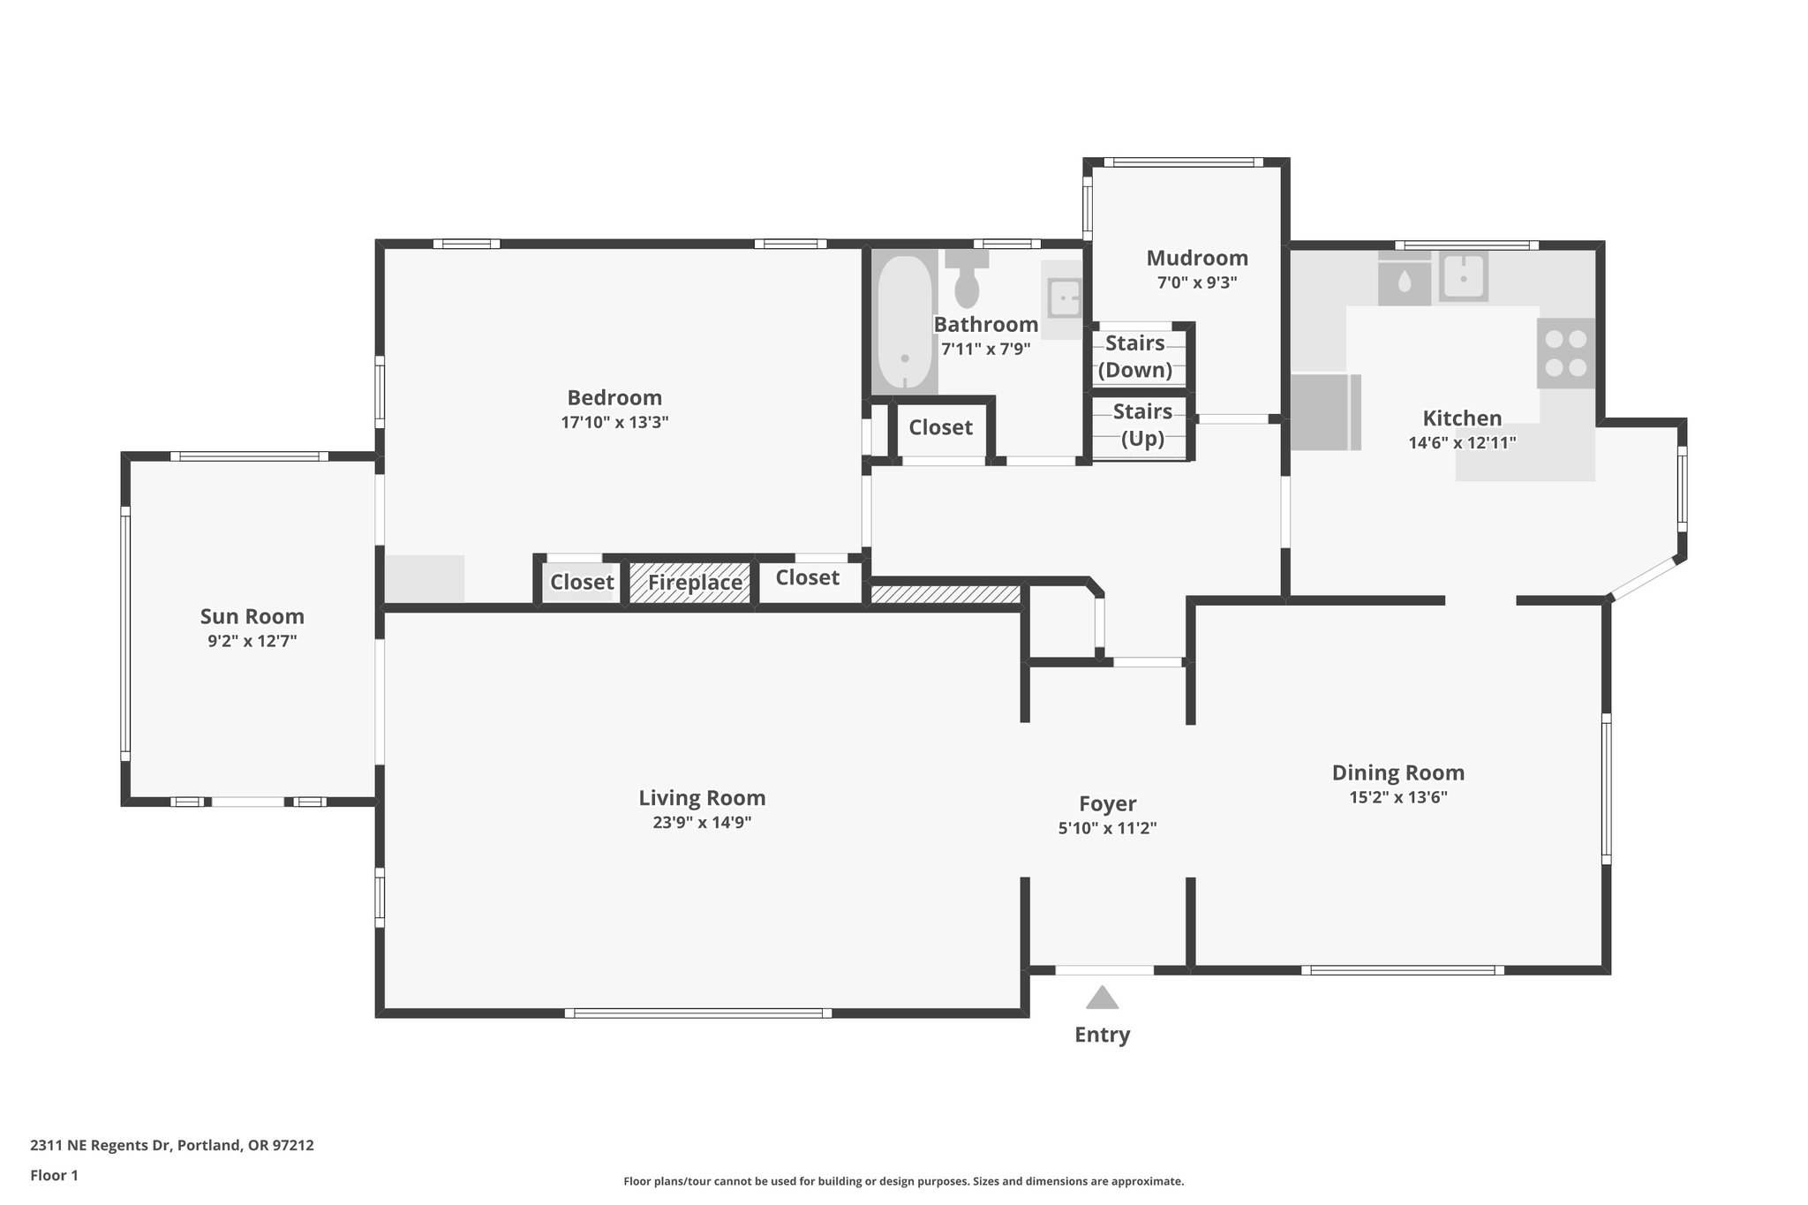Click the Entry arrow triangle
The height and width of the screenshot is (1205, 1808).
(1102, 998)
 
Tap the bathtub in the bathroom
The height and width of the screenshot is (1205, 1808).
(904, 324)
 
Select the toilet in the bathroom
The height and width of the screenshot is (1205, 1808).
(968, 281)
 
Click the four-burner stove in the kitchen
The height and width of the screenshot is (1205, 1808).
(1566, 353)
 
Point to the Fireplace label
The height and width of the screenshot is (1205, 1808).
(695, 583)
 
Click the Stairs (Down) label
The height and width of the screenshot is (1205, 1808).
(1135, 356)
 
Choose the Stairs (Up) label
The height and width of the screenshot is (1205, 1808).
(1142, 425)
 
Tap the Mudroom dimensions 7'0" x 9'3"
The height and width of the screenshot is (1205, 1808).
(1197, 283)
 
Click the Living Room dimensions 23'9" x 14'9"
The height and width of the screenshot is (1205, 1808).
(702, 823)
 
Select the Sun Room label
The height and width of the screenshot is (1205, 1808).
(252, 616)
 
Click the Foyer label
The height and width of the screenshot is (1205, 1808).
(1107, 803)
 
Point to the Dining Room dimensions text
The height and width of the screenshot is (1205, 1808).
(1397, 797)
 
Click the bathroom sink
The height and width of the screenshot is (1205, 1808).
(1064, 297)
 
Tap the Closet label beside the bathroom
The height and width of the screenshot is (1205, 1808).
(940, 427)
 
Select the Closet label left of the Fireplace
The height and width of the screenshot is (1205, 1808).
(582, 582)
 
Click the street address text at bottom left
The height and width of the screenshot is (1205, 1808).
(172, 1145)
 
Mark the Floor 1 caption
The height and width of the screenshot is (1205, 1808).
(54, 1175)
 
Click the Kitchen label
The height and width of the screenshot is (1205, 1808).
(1462, 418)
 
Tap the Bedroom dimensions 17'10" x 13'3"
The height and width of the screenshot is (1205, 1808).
(614, 422)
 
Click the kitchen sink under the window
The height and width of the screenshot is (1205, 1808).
(1464, 277)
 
